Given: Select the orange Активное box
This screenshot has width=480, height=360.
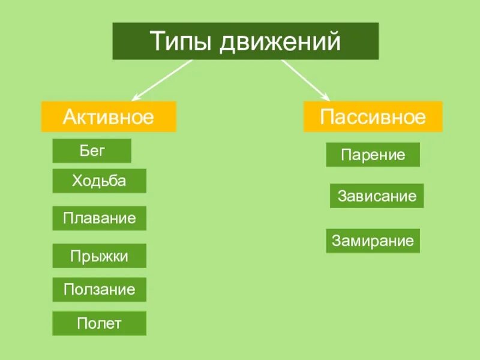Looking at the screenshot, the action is pyautogui.click(x=109, y=116).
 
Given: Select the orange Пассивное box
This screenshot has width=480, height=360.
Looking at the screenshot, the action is pyautogui.click(x=373, y=116).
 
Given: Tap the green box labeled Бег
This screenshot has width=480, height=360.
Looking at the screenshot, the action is pyautogui.click(x=92, y=151).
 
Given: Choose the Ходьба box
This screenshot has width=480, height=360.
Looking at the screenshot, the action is pyautogui.click(x=99, y=181).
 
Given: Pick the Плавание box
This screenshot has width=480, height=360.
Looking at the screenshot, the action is pyautogui.click(x=99, y=218).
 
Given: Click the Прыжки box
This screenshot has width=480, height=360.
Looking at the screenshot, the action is pyautogui.click(x=99, y=256).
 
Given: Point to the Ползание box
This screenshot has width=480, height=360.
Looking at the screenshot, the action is pyautogui.click(x=99, y=290).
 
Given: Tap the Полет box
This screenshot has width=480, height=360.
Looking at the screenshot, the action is pyautogui.click(x=99, y=324).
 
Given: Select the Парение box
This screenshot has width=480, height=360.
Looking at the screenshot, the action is pyautogui.click(x=373, y=155).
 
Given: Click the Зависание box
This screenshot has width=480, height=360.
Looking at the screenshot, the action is pyautogui.click(x=377, y=196).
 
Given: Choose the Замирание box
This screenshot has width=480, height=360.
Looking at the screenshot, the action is pyautogui.click(x=373, y=241).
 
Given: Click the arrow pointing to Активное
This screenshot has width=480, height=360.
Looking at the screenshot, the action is pyautogui.click(x=162, y=79).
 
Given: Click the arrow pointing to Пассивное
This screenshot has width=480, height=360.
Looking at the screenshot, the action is pyautogui.click(x=305, y=79).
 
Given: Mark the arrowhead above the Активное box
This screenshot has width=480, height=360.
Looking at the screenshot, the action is pyautogui.click(x=136, y=97).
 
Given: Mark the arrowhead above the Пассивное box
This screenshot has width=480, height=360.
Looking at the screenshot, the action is pyautogui.click(x=326, y=97).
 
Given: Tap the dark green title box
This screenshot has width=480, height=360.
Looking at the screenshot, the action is pyautogui.click(x=245, y=41).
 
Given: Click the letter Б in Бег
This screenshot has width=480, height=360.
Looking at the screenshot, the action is pyautogui.click(x=83, y=151).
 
